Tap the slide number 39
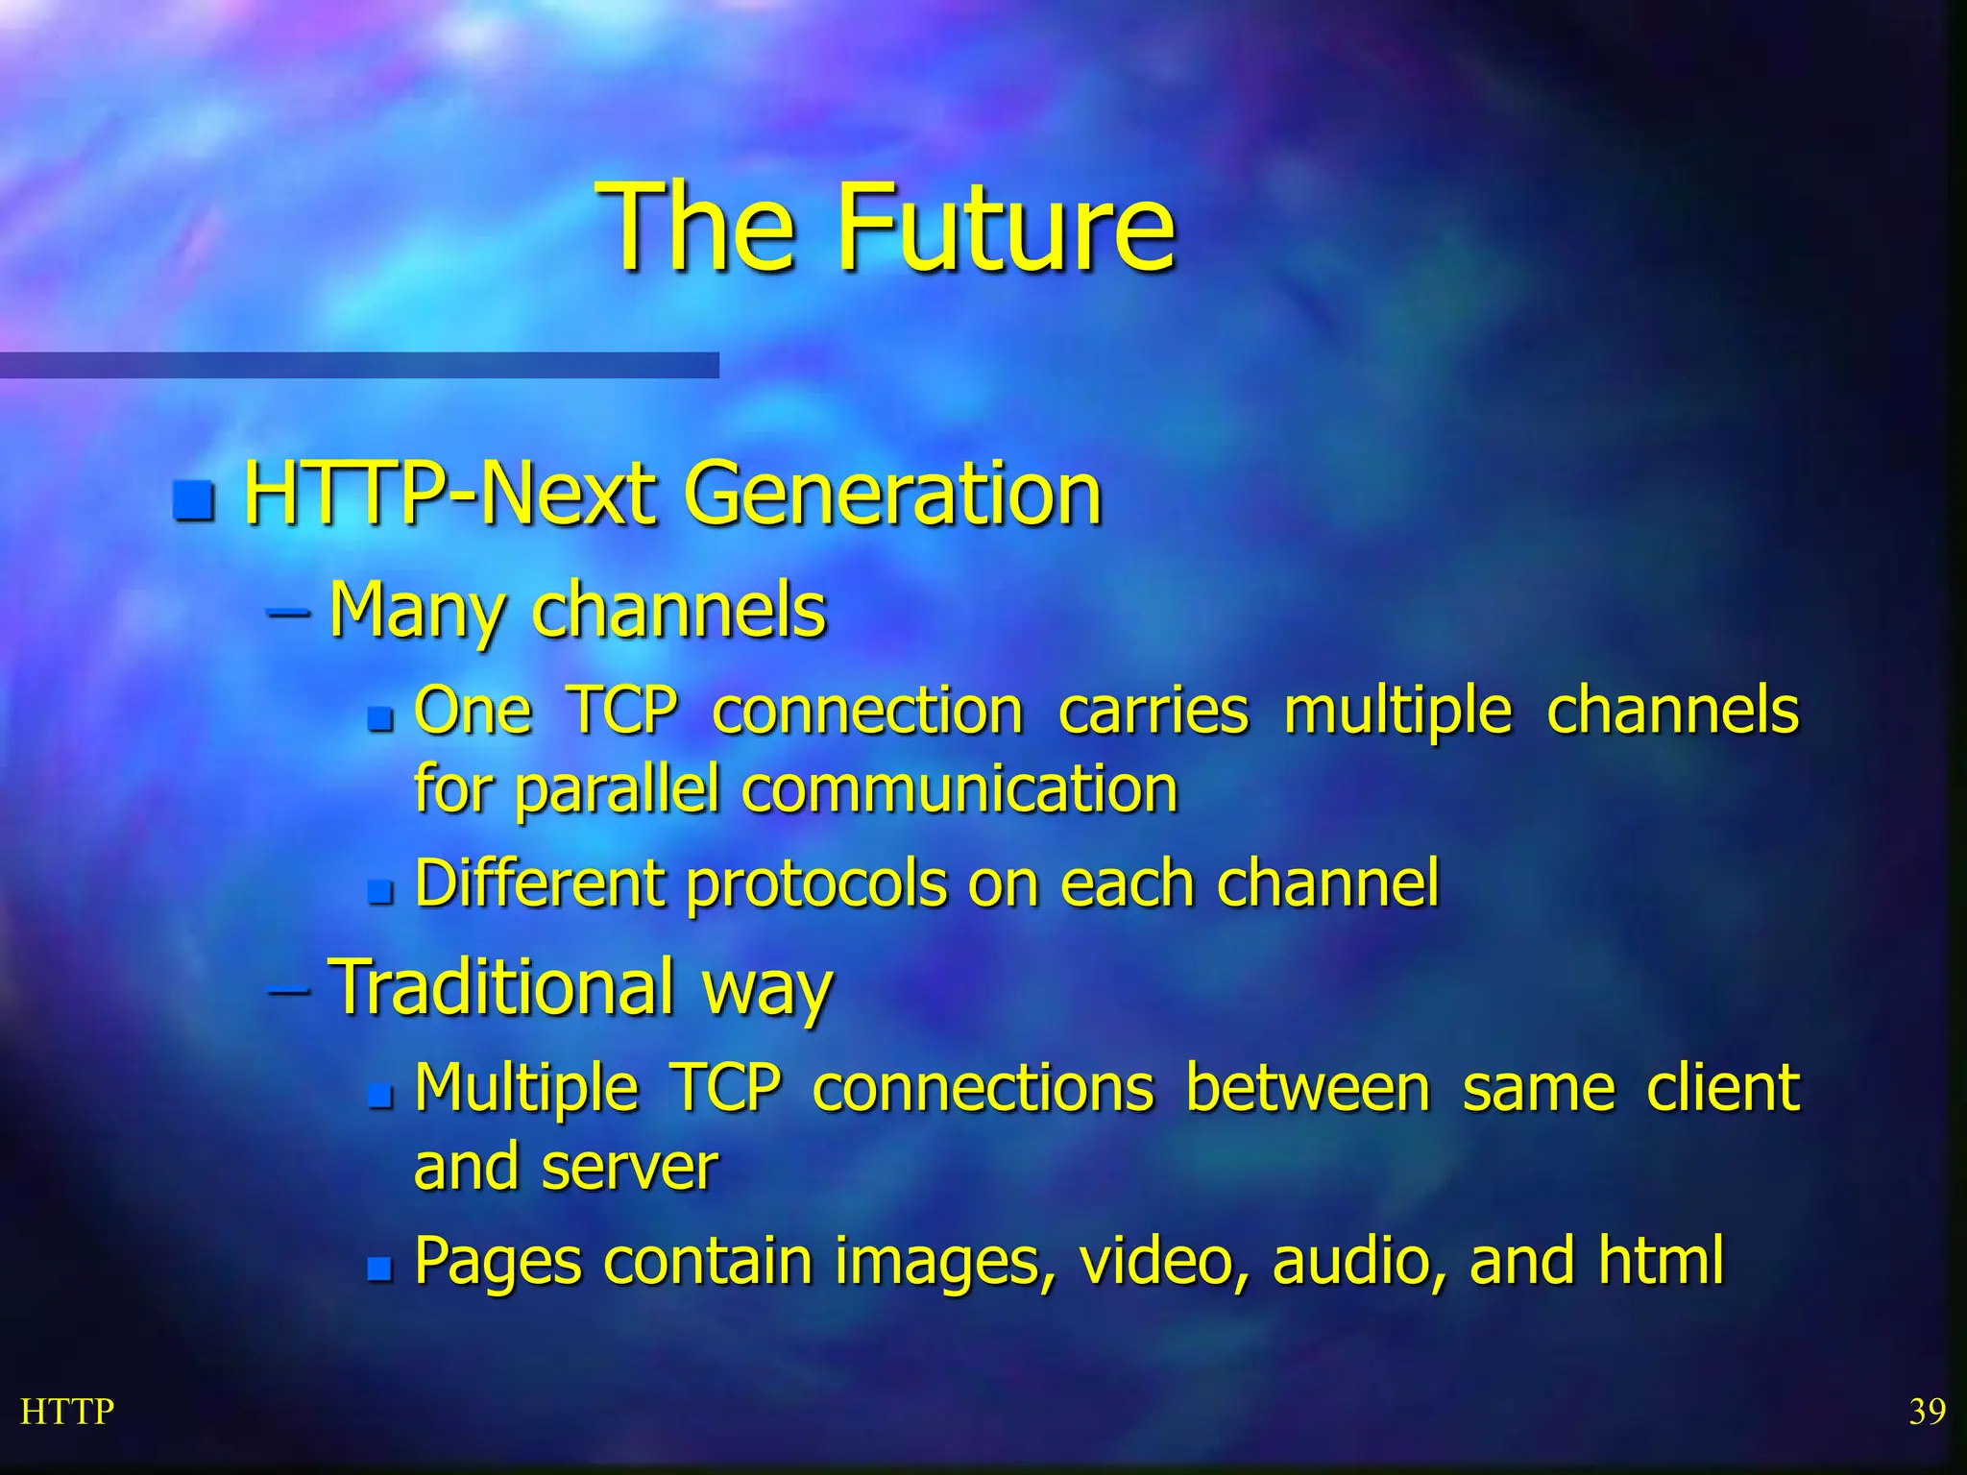1927,1412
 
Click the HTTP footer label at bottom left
67,1412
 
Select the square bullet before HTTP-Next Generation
194,500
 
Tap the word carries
1153,711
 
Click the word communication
959,789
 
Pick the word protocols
815,883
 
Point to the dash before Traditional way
289,990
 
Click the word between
1307,1088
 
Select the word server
629,1167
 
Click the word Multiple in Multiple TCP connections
526,1090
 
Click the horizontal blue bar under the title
359,365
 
